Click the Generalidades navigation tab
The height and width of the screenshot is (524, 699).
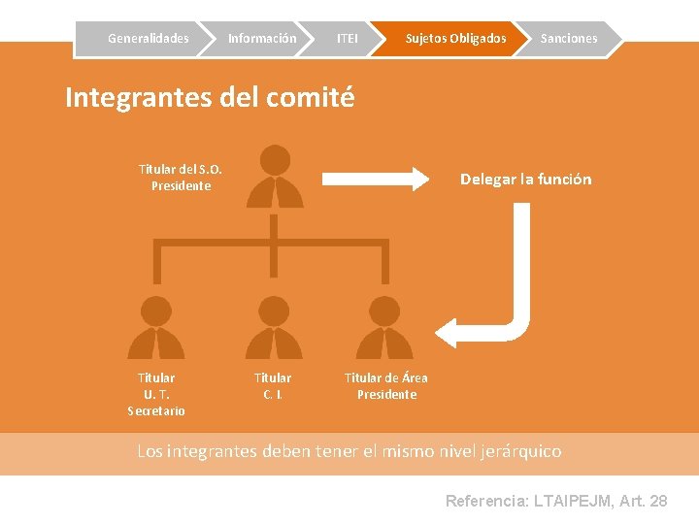coord(148,39)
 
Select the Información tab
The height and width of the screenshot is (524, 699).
coord(262,39)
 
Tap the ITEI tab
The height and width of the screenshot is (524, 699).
coord(347,39)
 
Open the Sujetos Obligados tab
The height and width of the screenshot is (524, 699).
coord(455,39)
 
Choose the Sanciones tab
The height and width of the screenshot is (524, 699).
coord(569,39)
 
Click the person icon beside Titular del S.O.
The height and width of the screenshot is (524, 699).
coord(275,177)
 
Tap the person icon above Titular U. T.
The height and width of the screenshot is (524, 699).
coord(155,327)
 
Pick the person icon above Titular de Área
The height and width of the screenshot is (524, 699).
coord(384,327)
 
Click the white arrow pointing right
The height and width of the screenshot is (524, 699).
coord(375,179)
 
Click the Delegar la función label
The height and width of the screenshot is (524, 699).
coord(525,180)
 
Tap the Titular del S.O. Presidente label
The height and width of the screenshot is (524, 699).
coord(181,178)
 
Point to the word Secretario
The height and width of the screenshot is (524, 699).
coord(156,410)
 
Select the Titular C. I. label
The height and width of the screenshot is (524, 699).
coord(273,385)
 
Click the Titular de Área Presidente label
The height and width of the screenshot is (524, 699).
coord(386,386)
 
